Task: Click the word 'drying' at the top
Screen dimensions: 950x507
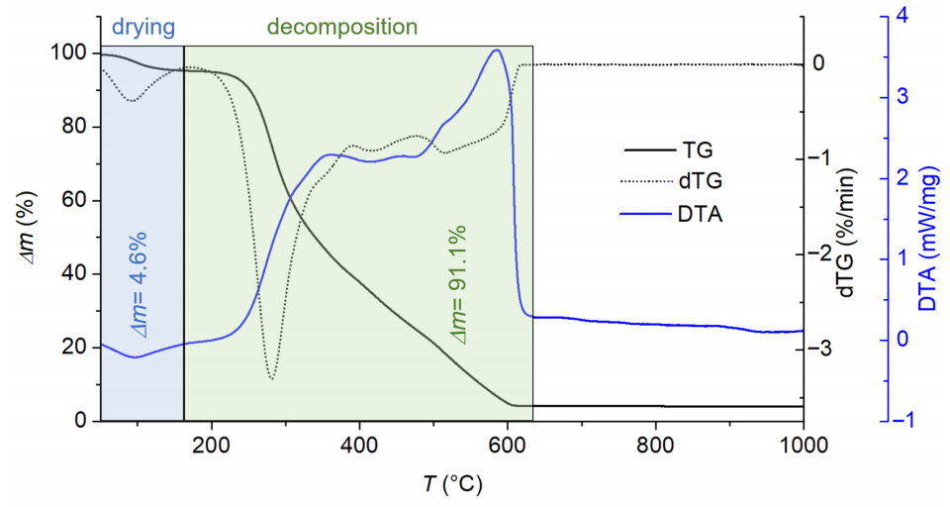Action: (x=143, y=28)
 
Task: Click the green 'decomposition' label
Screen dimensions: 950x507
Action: (x=342, y=28)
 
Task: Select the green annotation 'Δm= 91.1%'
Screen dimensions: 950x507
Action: (x=456, y=285)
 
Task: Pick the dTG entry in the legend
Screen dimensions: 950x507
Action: (x=671, y=180)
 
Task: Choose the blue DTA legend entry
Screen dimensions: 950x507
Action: (x=671, y=214)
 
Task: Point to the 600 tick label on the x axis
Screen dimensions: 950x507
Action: (x=507, y=445)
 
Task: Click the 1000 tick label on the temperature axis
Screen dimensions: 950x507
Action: (x=804, y=445)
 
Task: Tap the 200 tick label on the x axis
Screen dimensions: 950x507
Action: (x=212, y=445)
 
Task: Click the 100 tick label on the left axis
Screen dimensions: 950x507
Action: (x=65, y=53)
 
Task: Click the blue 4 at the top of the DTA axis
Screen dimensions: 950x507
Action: (x=902, y=17)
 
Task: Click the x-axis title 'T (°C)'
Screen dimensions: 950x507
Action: (x=452, y=484)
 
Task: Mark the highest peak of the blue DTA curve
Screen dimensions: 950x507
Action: (x=497, y=50)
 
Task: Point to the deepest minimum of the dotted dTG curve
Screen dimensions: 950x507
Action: (x=271, y=379)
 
